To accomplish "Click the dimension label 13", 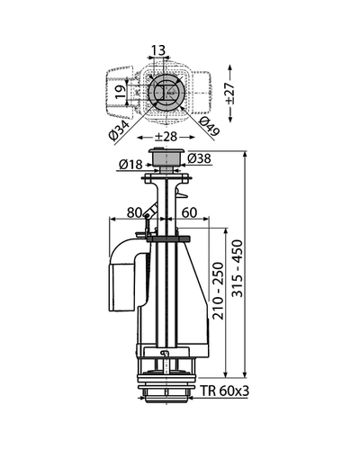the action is coord(158,49).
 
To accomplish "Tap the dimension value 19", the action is coord(121,92).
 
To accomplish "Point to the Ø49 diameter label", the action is coord(210,126).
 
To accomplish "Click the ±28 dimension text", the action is coord(166,137).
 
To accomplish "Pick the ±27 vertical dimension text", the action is coord(230,93).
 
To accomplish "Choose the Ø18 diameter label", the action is coord(130,165).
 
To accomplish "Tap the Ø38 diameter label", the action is coord(199,158).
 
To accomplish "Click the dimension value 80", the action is coord(134,212).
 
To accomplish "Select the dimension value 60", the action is coord(189,212).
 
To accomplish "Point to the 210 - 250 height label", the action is coord(218,291).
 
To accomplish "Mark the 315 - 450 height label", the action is coord(238,268).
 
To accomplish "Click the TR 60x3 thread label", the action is coord(225,391).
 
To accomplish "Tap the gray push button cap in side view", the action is coord(166,158).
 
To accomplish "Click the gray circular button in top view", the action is coord(165,92).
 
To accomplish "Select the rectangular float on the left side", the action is coord(121,287).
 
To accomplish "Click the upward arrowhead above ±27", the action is coord(230,67).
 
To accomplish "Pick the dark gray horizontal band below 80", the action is coord(168,239).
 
